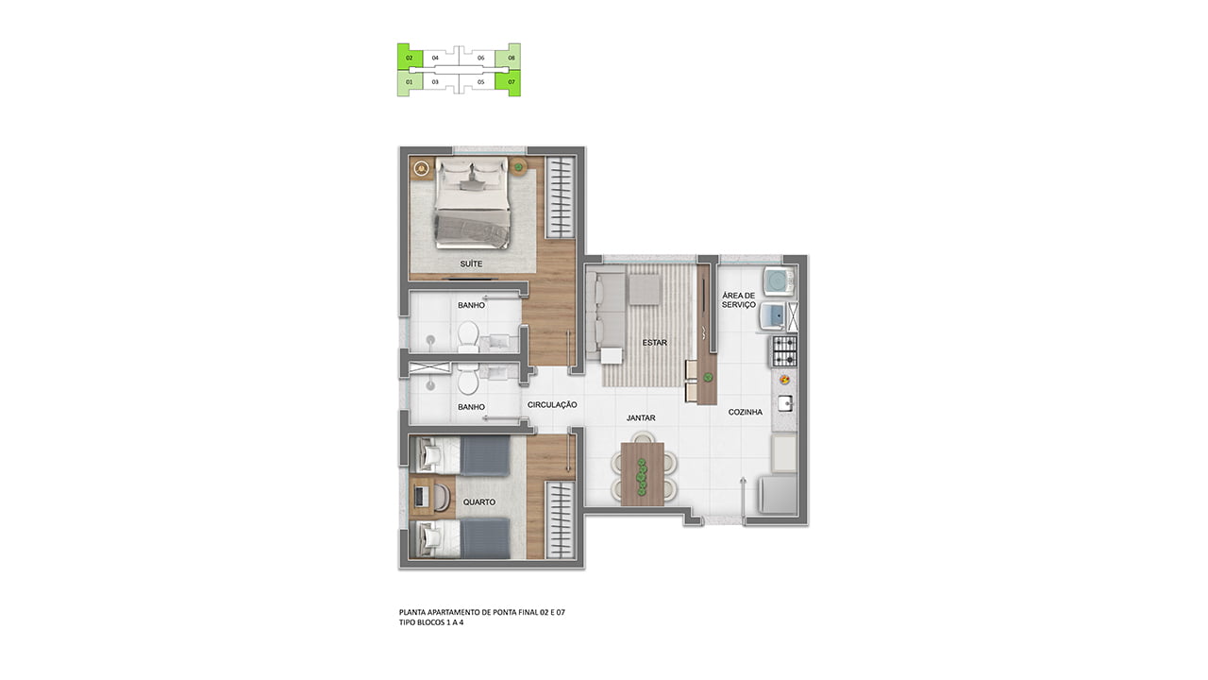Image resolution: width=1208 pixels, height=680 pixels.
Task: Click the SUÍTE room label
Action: pos(471,263)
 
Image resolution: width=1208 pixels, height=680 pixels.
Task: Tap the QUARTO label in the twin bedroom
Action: pos(478,501)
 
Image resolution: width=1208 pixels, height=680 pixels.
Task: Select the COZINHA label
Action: pos(746,412)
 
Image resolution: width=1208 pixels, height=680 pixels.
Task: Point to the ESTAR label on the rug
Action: pos(655,342)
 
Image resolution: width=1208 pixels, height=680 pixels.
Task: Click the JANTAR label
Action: pos(641,417)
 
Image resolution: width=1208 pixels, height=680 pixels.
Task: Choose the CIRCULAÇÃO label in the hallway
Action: pos(552,405)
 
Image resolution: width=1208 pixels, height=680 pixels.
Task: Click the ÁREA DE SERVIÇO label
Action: pos(739,300)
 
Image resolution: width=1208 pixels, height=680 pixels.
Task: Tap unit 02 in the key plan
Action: pos(410,58)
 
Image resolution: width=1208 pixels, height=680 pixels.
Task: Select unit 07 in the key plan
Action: pos(512,82)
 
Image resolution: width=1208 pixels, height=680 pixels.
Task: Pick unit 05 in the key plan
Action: pos(481,82)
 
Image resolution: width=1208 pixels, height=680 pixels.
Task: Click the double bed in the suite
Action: pos(473,202)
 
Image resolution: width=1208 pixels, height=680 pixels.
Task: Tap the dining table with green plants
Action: pos(642,474)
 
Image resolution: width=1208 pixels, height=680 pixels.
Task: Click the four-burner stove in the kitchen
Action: pos(784,350)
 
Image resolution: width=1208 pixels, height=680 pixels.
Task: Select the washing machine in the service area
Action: pos(779,281)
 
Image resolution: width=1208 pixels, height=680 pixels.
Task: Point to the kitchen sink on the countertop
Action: pos(785,403)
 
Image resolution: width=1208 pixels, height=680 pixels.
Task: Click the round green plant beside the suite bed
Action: pos(519,167)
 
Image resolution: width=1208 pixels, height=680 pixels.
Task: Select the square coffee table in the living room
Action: pos(644,289)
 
